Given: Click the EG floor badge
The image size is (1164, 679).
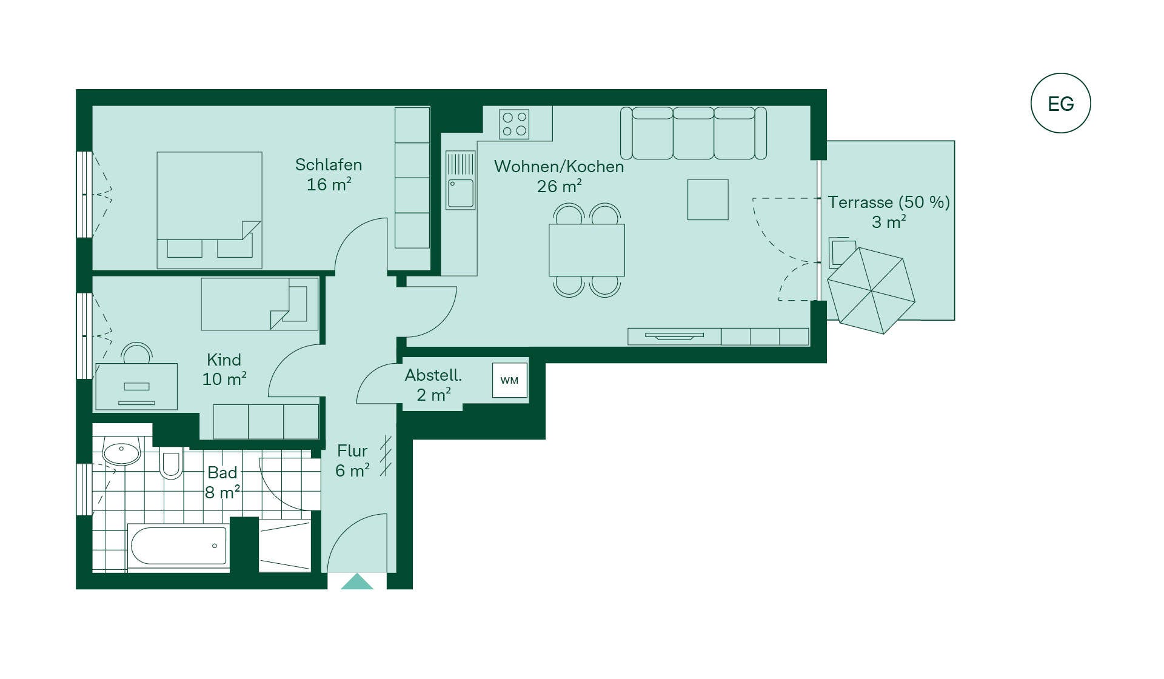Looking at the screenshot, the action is (x=1060, y=103).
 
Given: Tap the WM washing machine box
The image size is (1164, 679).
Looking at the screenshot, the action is (x=509, y=380).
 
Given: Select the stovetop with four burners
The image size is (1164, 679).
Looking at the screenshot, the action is (x=514, y=124).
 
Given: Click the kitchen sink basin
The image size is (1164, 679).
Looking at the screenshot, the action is (x=461, y=193).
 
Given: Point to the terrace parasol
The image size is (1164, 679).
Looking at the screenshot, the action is (x=871, y=290).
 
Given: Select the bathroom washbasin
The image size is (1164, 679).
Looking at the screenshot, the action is (x=121, y=451).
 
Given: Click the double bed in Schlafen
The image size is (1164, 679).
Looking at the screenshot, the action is (x=209, y=210).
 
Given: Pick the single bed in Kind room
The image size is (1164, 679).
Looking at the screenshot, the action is (x=259, y=304).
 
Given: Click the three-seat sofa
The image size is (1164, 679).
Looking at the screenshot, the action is (x=694, y=133).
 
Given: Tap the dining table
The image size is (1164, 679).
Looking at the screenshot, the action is (x=586, y=250).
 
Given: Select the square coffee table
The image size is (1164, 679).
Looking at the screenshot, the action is (x=707, y=199).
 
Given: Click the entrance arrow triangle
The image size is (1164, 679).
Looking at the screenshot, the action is (x=357, y=582).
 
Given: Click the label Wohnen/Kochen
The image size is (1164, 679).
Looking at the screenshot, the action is (x=559, y=166).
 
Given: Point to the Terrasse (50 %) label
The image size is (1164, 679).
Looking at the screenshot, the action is (x=889, y=202).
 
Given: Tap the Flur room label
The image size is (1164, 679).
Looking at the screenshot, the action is (x=352, y=451).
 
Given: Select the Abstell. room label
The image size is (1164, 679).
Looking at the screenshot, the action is (x=433, y=375).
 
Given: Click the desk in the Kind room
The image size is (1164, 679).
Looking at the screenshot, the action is (x=136, y=386).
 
